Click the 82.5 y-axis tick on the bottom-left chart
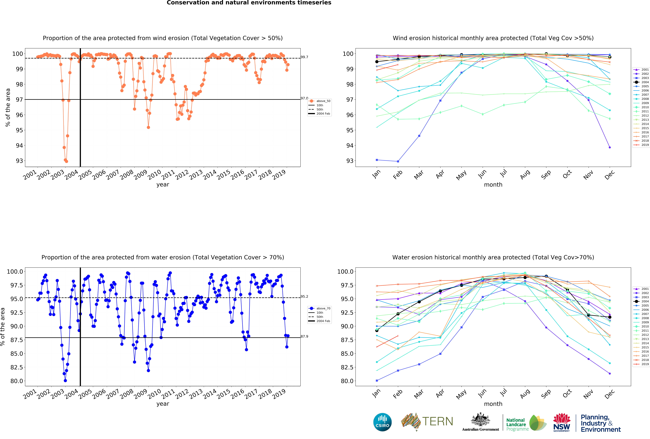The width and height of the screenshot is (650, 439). coord(15,367)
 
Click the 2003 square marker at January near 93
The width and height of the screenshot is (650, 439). coord(377,160)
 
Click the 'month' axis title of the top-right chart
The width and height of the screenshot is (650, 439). coord(493,185)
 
